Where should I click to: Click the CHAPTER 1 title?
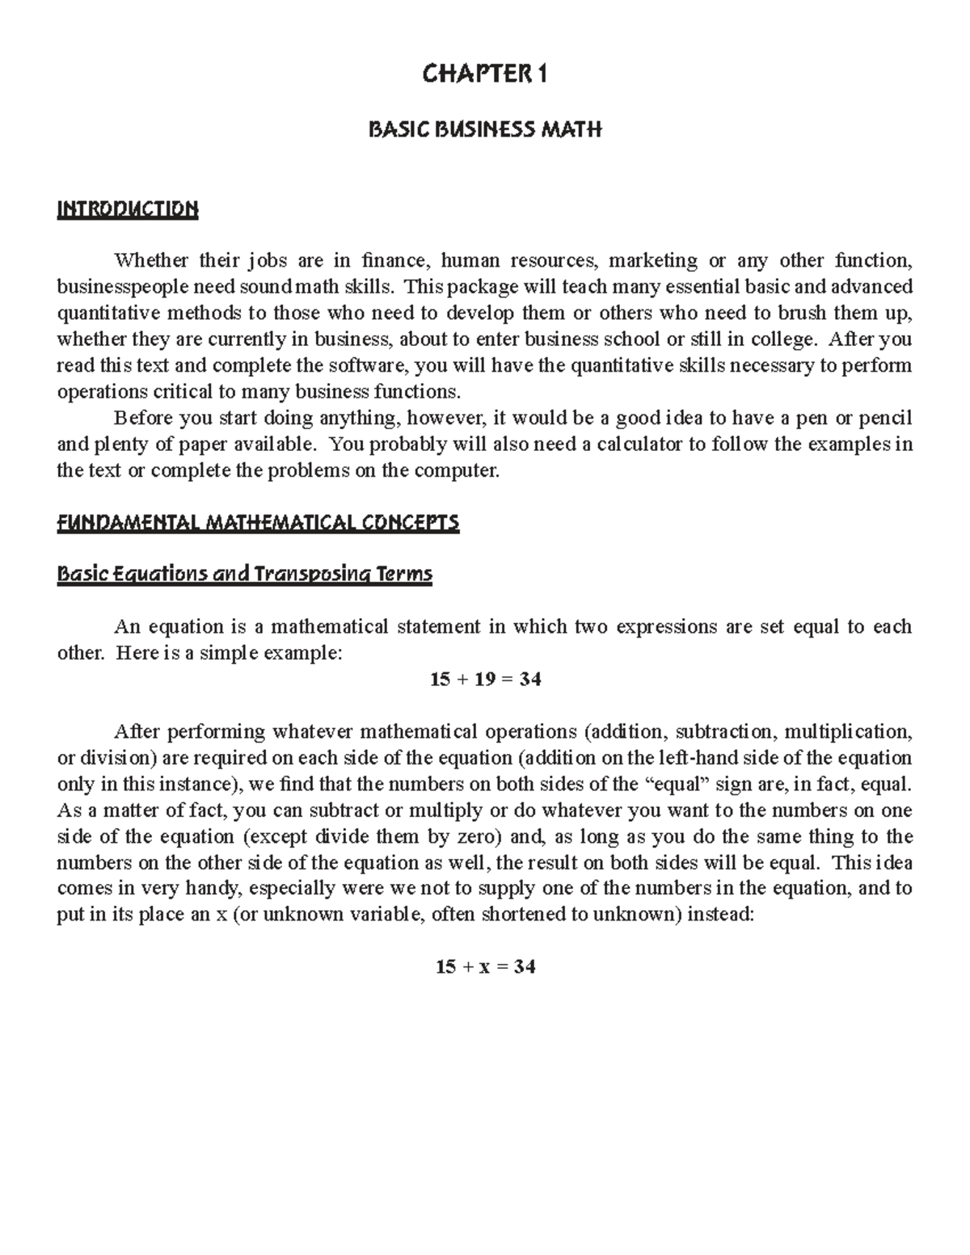point(485,75)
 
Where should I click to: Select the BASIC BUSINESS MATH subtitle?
point(485,129)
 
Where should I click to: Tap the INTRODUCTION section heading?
point(127,209)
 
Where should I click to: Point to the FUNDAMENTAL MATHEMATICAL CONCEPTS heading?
point(258,523)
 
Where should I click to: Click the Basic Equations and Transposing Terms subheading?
point(245,575)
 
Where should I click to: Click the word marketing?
point(653,260)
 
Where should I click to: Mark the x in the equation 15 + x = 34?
point(484,967)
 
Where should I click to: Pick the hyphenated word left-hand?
point(710,758)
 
